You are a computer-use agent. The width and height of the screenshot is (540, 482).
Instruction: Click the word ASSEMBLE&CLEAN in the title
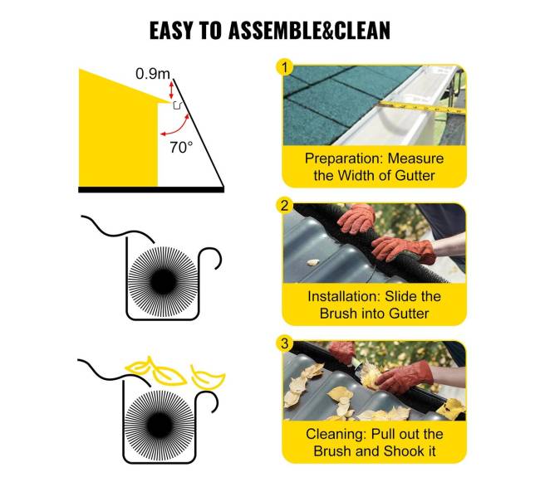pyautogui.click(x=309, y=30)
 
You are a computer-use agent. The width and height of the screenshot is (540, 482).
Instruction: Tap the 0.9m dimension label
pyautogui.click(x=153, y=74)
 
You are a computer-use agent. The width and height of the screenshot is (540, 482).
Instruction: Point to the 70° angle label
pyautogui.click(x=181, y=147)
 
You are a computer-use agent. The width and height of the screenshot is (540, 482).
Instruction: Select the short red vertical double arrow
pyautogui.click(x=171, y=90)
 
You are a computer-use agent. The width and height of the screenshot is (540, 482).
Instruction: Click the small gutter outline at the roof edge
pyautogui.click(x=177, y=105)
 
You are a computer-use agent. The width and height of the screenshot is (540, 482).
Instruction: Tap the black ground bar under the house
pyautogui.click(x=151, y=189)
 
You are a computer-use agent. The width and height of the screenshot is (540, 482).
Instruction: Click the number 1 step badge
pyautogui.click(x=284, y=67)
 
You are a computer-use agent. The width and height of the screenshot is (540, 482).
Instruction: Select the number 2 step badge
pyautogui.click(x=284, y=205)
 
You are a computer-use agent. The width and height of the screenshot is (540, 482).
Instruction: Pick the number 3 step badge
pyautogui.click(x=284, y=343)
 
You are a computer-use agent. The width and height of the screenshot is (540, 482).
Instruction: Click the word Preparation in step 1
pyautogui.click(x=344, y=158)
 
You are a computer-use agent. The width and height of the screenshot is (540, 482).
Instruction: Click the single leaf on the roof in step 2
pyautogui.click(x=312, y=262)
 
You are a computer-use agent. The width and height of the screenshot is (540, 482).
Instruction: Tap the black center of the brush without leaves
pyautogui.click(x=163, y=281)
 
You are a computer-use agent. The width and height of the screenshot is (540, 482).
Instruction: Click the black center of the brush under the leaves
pyautogui.click(x=160, y=426)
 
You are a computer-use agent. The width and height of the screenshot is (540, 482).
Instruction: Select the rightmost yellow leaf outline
pyautogui.click(x=208, y=378)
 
